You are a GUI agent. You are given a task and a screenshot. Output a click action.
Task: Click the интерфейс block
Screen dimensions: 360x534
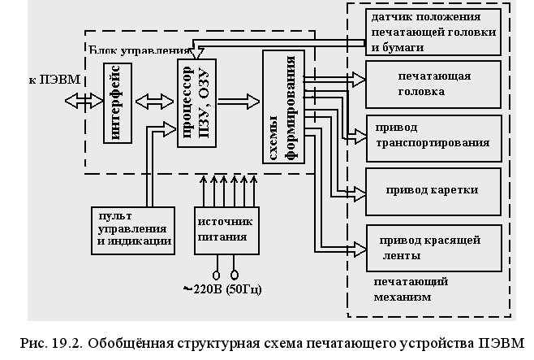pyautogui.click(x=118, y=103)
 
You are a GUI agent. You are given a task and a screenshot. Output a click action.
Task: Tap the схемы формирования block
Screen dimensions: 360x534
pyautogui.click(x=282, y=106)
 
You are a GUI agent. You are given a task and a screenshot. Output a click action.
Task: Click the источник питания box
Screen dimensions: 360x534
pyautogui.click(x=225, y=230)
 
